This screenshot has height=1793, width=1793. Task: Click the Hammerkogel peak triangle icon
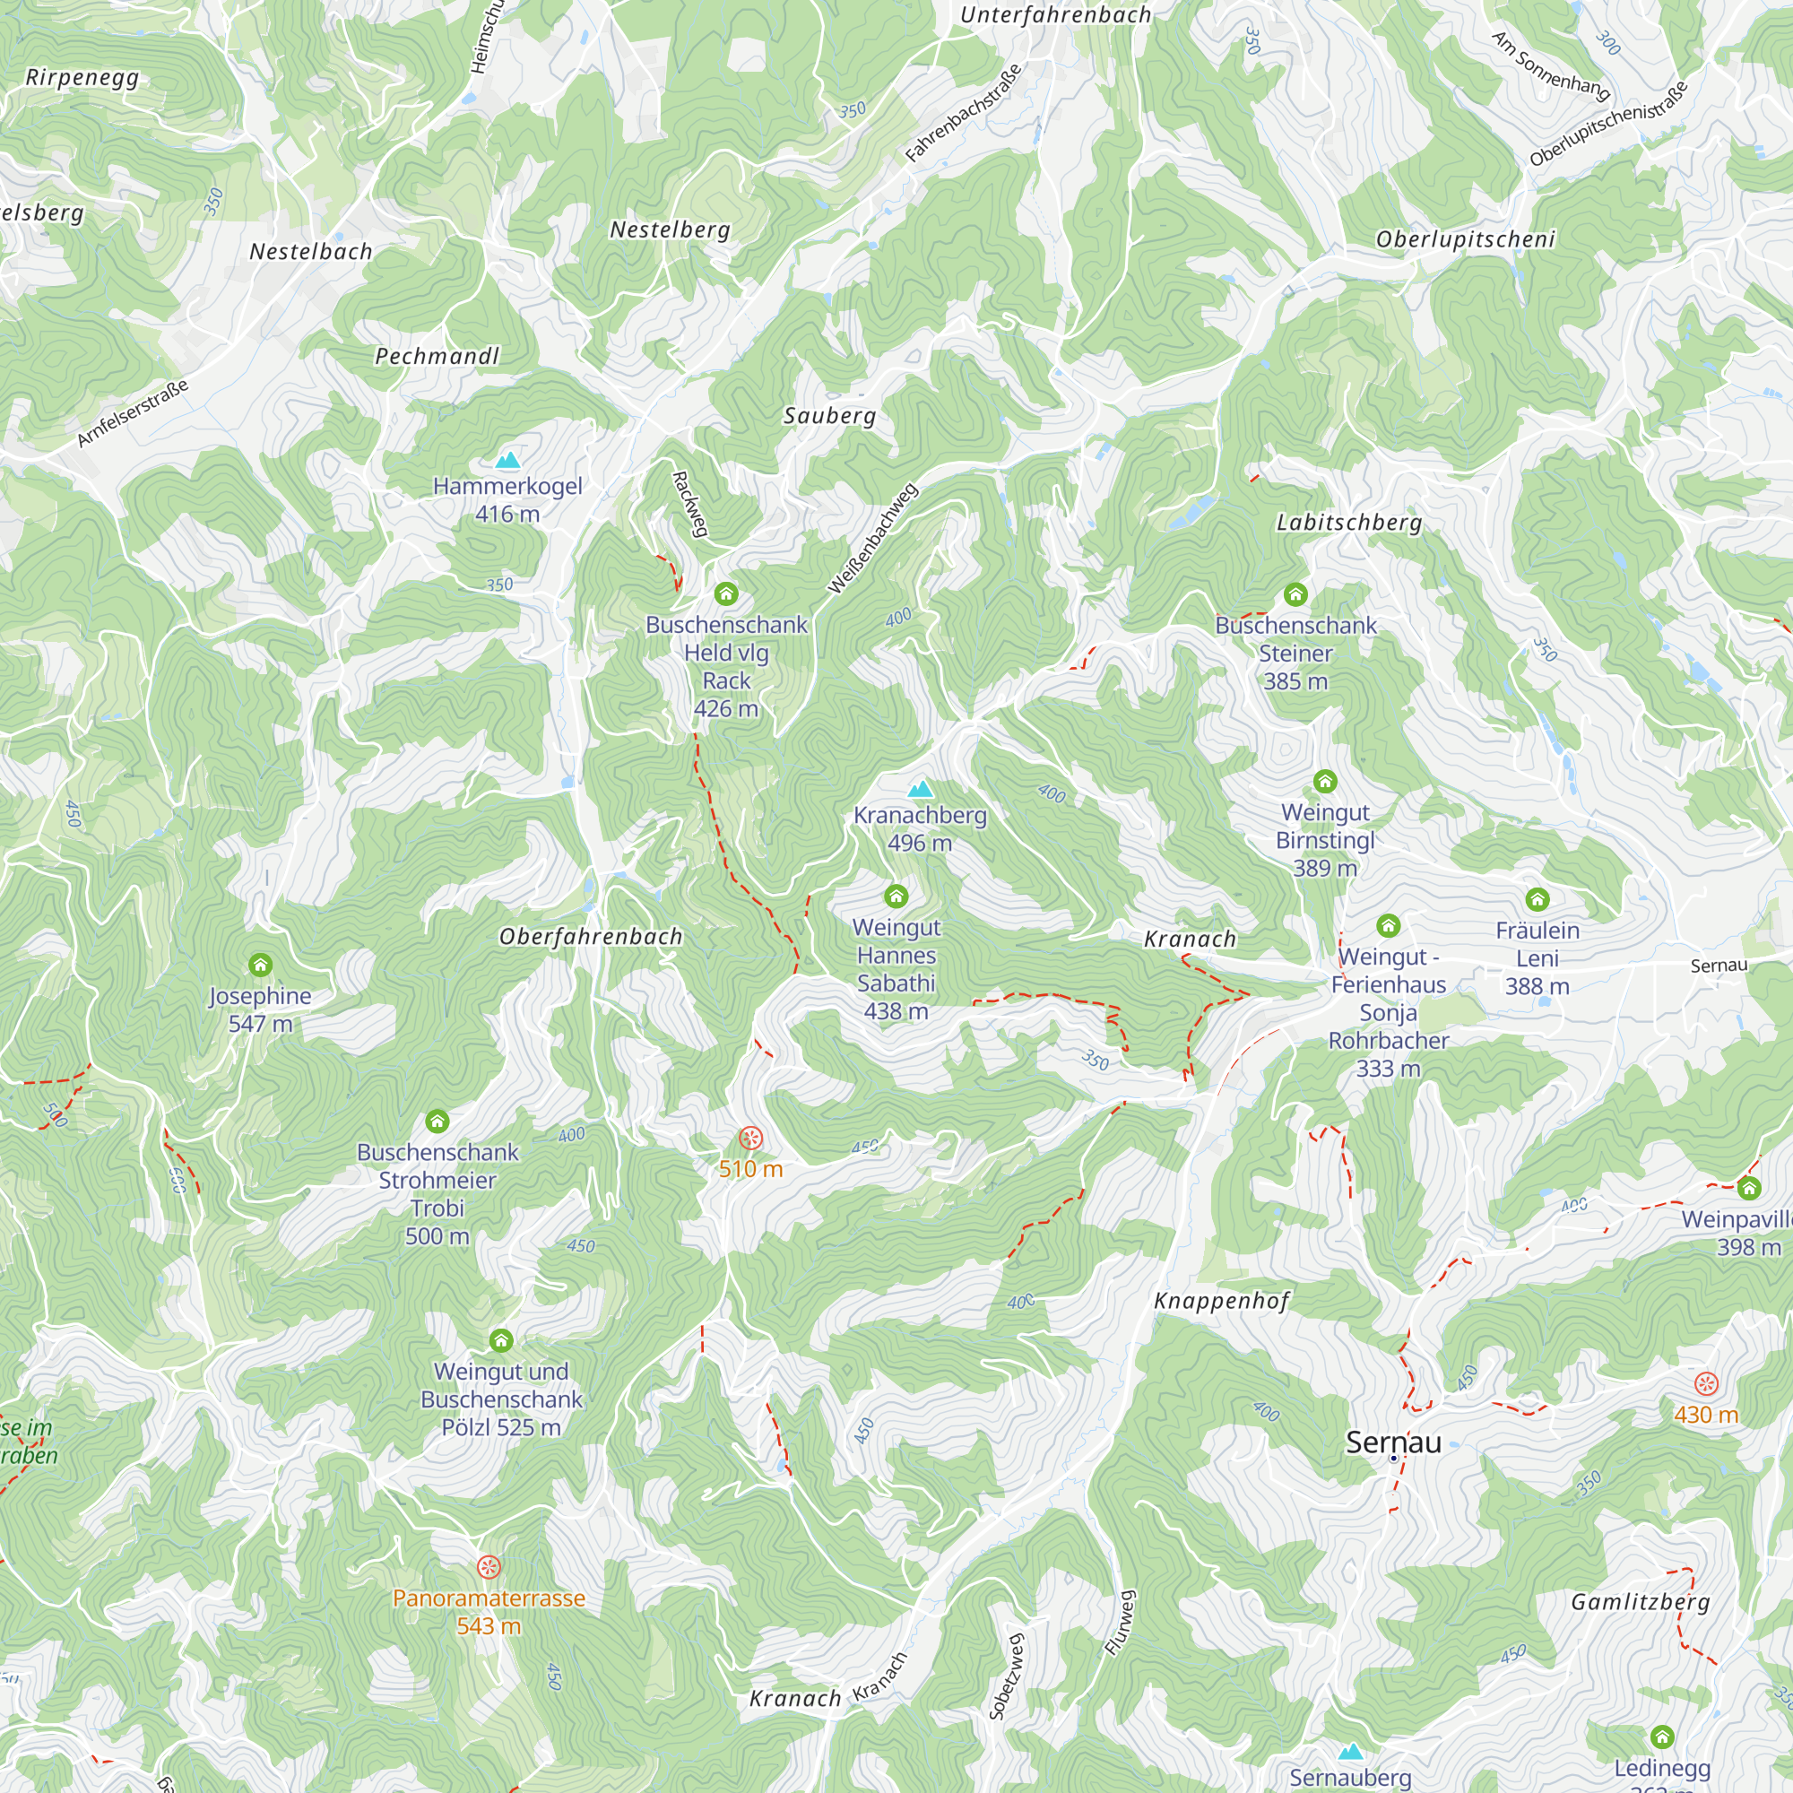tap(507, 460)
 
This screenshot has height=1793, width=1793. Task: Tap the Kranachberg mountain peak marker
tap(920, 790)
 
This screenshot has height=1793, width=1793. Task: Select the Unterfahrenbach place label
tap(1055, 15)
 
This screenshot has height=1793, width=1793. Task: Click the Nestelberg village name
tap(670, 230)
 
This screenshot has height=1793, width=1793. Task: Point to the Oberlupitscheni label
tap(1465, 239)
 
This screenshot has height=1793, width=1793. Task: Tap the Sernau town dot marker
tap(1393, 1458)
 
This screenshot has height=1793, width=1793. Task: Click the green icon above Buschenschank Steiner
tap(1295, 594)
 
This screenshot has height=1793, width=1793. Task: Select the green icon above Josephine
tap(261, 966)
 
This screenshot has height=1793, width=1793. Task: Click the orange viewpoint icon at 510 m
tap(749, 1138)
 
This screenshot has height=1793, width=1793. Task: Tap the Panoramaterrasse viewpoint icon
tap(489, 1567)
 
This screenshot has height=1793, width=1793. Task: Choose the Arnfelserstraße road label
tap(133, 413)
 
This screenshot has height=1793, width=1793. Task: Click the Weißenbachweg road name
tap(872, 538)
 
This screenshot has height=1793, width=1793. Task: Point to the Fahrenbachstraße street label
tap(964, 113)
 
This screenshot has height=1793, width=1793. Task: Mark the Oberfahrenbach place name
tap(591, 938)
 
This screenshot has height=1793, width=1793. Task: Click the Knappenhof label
tap(1221, 1301)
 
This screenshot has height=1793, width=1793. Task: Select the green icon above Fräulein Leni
tap(1537, 899)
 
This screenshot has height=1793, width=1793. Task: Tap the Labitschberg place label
tap(1349, 523)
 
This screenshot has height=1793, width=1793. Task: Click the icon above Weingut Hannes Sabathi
tap(896, 896)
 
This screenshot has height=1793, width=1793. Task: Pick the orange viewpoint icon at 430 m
tap(1706, 1383)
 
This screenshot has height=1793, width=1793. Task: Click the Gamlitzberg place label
tap(1640, 1602)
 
